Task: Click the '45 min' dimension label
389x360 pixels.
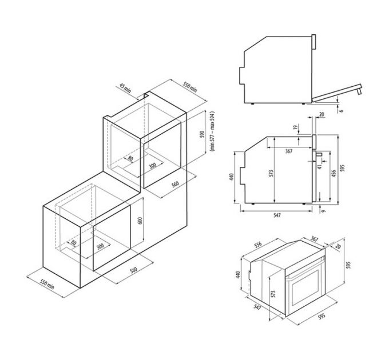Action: tap(126, 89)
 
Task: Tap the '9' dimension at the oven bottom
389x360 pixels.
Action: tap(323, 211)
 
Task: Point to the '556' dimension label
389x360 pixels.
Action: tap(257, 245)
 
